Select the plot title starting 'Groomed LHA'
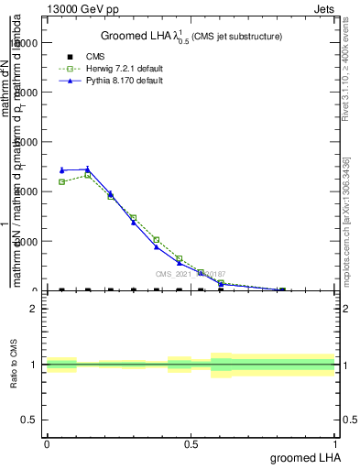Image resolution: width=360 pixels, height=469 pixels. [191, 36]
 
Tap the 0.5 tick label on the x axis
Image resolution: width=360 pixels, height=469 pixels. [191, 443]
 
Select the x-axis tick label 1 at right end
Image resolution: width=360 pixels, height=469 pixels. [335, 443]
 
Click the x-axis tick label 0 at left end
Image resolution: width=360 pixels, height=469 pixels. [47, 443]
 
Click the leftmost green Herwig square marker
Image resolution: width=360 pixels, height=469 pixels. [61, 181]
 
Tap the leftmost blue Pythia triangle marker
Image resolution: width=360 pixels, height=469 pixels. [61, 169]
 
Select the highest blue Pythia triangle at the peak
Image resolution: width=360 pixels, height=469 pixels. [87, 169]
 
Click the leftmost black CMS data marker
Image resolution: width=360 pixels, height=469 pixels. [61, 290]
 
